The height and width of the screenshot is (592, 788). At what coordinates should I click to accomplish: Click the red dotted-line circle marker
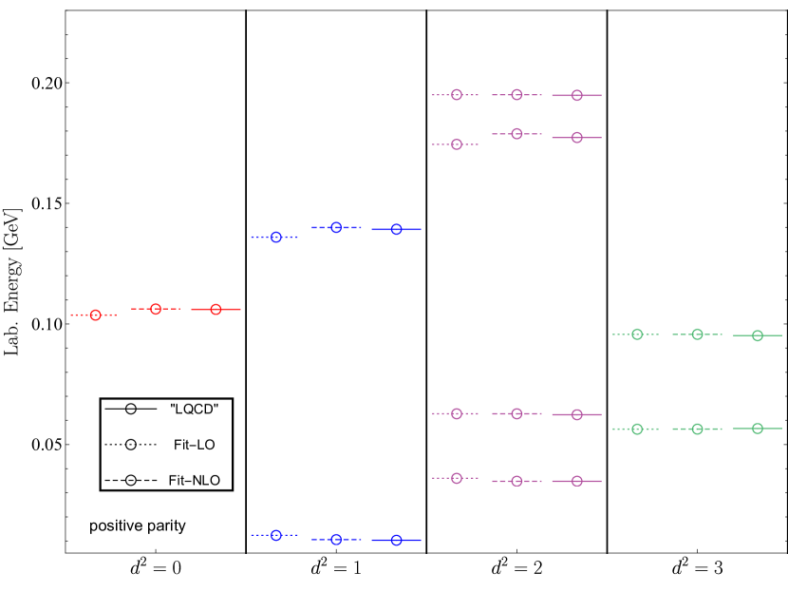[95, 315]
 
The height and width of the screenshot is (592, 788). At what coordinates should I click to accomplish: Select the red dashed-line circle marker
[156, 309]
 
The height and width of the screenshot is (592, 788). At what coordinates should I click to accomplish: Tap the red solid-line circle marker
[216, 309]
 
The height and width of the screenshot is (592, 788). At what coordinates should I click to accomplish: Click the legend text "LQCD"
[195, 409]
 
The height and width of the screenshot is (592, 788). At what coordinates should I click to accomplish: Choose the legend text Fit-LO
[195, 445]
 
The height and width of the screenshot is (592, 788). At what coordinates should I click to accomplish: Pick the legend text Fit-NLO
[195, 481]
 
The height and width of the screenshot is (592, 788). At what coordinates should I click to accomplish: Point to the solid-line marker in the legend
[131, 409]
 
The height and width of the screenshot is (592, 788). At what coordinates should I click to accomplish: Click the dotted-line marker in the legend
[131, 445]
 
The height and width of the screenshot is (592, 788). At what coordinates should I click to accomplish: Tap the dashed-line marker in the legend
[131, 481]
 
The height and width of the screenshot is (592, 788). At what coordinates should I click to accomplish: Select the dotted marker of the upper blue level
[276, 237]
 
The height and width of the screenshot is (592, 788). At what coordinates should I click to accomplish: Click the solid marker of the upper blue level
[397, 229]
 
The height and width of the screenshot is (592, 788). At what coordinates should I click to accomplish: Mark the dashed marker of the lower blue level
[336, 539]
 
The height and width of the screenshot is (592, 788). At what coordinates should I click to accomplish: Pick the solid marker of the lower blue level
[397, 540]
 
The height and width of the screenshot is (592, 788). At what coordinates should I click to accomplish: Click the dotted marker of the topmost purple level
[457, 95]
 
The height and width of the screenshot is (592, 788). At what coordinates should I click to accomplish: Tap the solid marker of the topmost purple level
[576, 95]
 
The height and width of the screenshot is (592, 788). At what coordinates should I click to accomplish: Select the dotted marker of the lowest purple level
[457, 477]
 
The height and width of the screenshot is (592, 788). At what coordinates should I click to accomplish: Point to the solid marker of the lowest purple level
[576, 481]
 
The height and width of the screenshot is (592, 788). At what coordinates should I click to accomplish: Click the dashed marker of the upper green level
[697, 334]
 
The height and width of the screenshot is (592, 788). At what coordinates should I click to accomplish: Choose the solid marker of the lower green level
[758, 429]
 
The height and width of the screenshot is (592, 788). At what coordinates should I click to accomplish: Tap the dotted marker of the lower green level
[637, 429]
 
